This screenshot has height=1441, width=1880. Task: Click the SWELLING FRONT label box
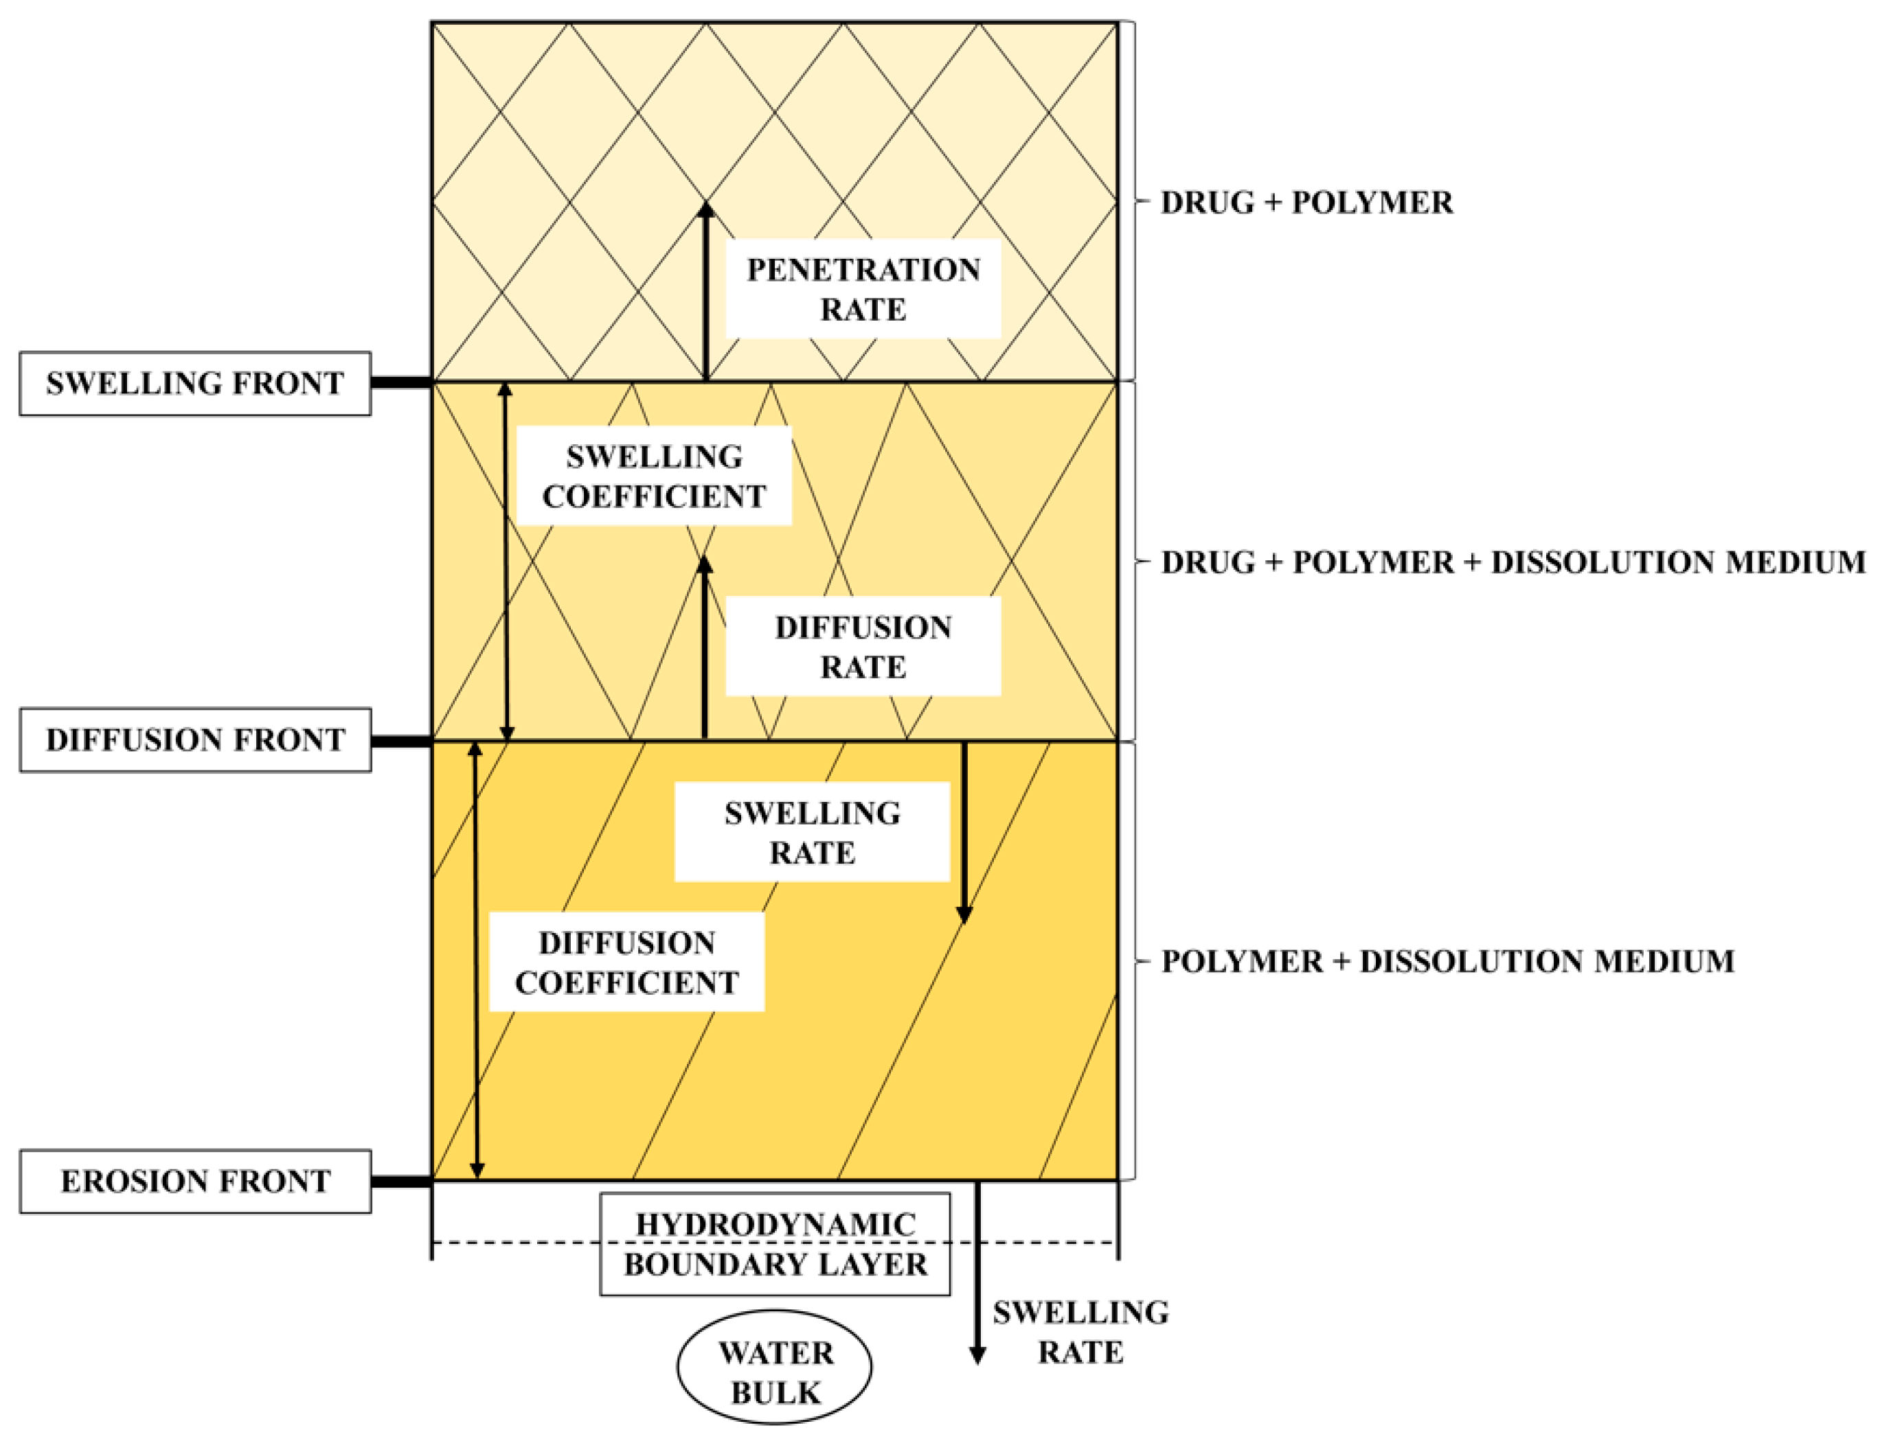195,383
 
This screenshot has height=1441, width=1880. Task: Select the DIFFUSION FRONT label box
195,739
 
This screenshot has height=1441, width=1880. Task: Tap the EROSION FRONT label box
195,1181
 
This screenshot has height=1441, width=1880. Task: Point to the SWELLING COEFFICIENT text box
653,476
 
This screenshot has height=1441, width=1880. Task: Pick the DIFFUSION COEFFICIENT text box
626,962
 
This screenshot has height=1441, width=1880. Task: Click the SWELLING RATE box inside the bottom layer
812,831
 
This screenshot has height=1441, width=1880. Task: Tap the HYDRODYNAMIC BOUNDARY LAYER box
775,1244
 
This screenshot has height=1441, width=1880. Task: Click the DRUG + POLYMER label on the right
1306,203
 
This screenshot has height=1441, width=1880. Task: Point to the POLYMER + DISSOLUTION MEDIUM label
1447,962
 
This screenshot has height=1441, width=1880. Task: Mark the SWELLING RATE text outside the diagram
1080,1332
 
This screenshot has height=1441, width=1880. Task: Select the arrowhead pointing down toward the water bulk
977,1354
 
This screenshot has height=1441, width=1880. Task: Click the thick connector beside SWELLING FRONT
400,382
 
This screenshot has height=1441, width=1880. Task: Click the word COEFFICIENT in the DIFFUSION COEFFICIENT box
626,982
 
